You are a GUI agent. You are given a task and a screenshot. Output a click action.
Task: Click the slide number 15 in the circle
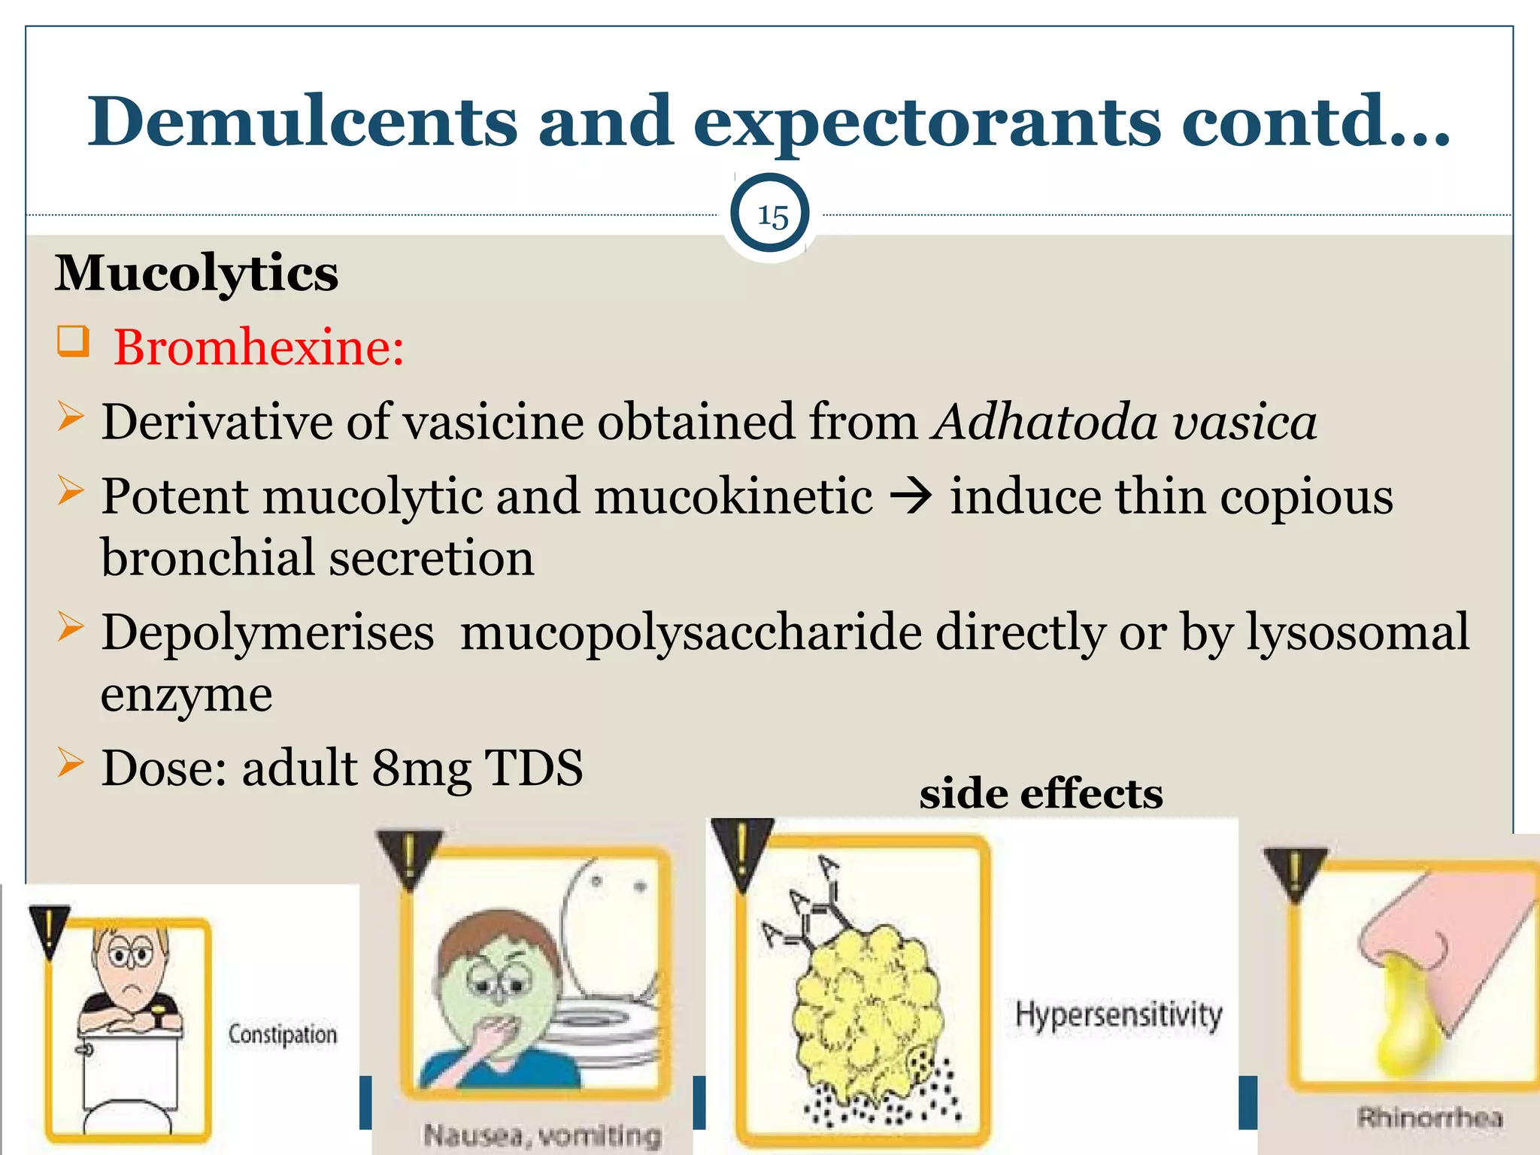tap(772, 217)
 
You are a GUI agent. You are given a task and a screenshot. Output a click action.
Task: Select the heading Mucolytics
tap(196, 273)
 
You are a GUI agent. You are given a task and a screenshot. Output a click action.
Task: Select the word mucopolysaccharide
tap(691, 632)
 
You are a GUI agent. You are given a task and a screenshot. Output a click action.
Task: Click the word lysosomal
tap(1358, 632)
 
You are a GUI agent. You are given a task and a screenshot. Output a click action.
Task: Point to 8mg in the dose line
tap(422, 768)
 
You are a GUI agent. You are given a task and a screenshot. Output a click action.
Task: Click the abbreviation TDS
tap(534, 768)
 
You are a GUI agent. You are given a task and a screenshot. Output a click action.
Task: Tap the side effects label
tap(1041, 793)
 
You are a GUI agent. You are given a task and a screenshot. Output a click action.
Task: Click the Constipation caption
tap(283, 1035)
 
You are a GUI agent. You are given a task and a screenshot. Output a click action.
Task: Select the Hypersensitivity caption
tap(1119, 1014)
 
